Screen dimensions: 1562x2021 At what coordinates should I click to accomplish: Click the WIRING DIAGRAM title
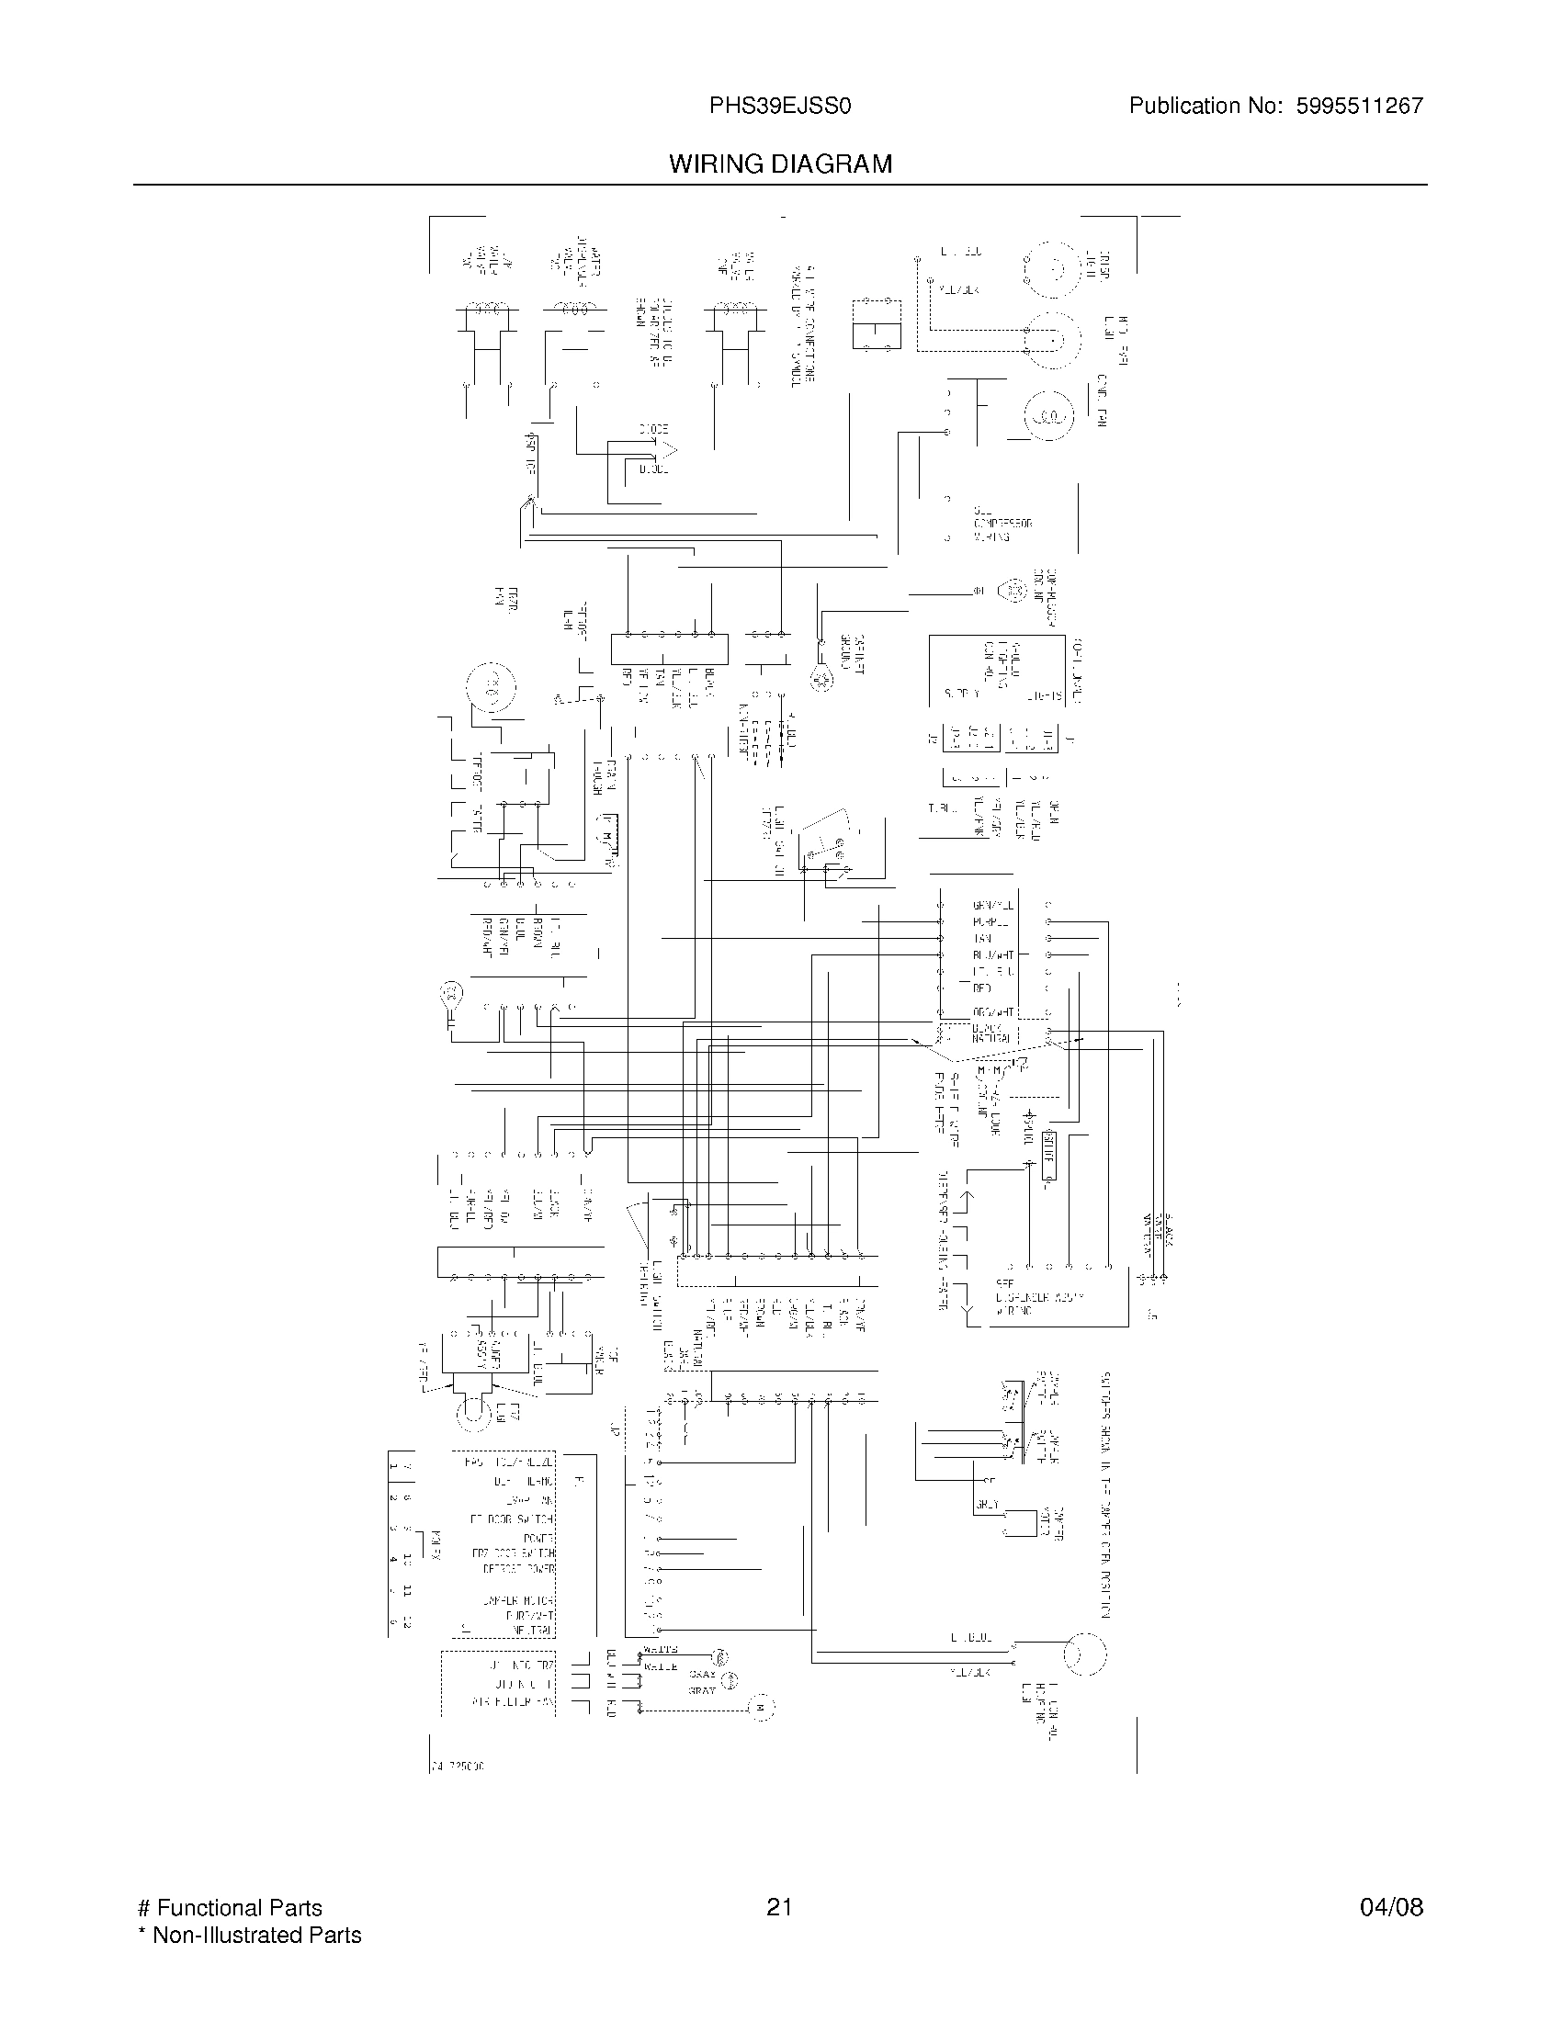(780, 164)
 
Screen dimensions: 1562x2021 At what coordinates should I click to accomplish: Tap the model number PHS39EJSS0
(780, 107)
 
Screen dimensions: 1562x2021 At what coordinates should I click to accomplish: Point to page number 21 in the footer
(779, 1907)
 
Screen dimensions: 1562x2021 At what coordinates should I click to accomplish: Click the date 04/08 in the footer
(1391, 1907)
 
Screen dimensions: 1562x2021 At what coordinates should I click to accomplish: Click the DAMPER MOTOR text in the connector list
(517, 1600)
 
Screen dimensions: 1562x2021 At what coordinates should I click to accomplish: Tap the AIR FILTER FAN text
(512, 1699)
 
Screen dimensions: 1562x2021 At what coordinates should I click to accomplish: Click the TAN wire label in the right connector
(982, 938)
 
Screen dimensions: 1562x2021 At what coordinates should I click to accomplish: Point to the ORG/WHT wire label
(992, 1012)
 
